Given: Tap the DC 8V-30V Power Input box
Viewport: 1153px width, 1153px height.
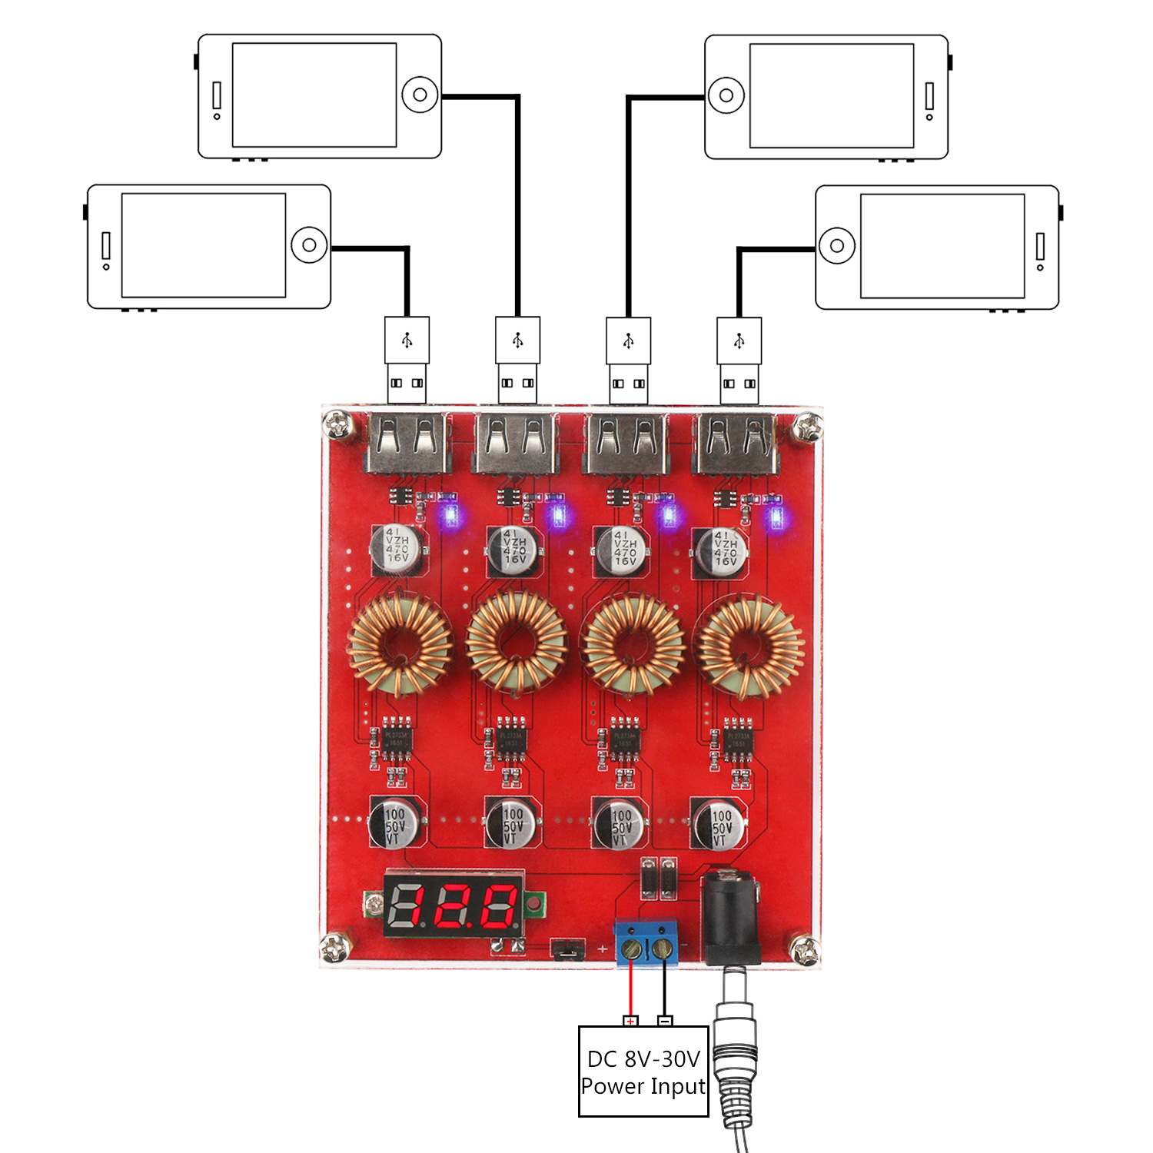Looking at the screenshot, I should (x=643, y=1072).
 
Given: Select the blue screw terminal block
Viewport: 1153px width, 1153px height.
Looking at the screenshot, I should (x=646, y=944).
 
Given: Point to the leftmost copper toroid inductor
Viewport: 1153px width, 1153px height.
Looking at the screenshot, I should (x=400, y=644).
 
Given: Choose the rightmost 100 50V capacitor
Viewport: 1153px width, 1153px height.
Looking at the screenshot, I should (x=719, y=825).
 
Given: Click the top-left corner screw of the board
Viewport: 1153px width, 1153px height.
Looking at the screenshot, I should (x=338, y=424).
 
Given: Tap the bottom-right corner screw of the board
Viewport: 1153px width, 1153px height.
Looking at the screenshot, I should (x=804, y=951).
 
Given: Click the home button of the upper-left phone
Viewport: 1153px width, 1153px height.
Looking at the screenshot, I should (x=420, y=95).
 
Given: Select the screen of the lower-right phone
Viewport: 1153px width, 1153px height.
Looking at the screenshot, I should (x=942, y=246).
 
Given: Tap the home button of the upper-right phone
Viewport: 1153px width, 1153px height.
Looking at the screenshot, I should (x=726, y=96).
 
